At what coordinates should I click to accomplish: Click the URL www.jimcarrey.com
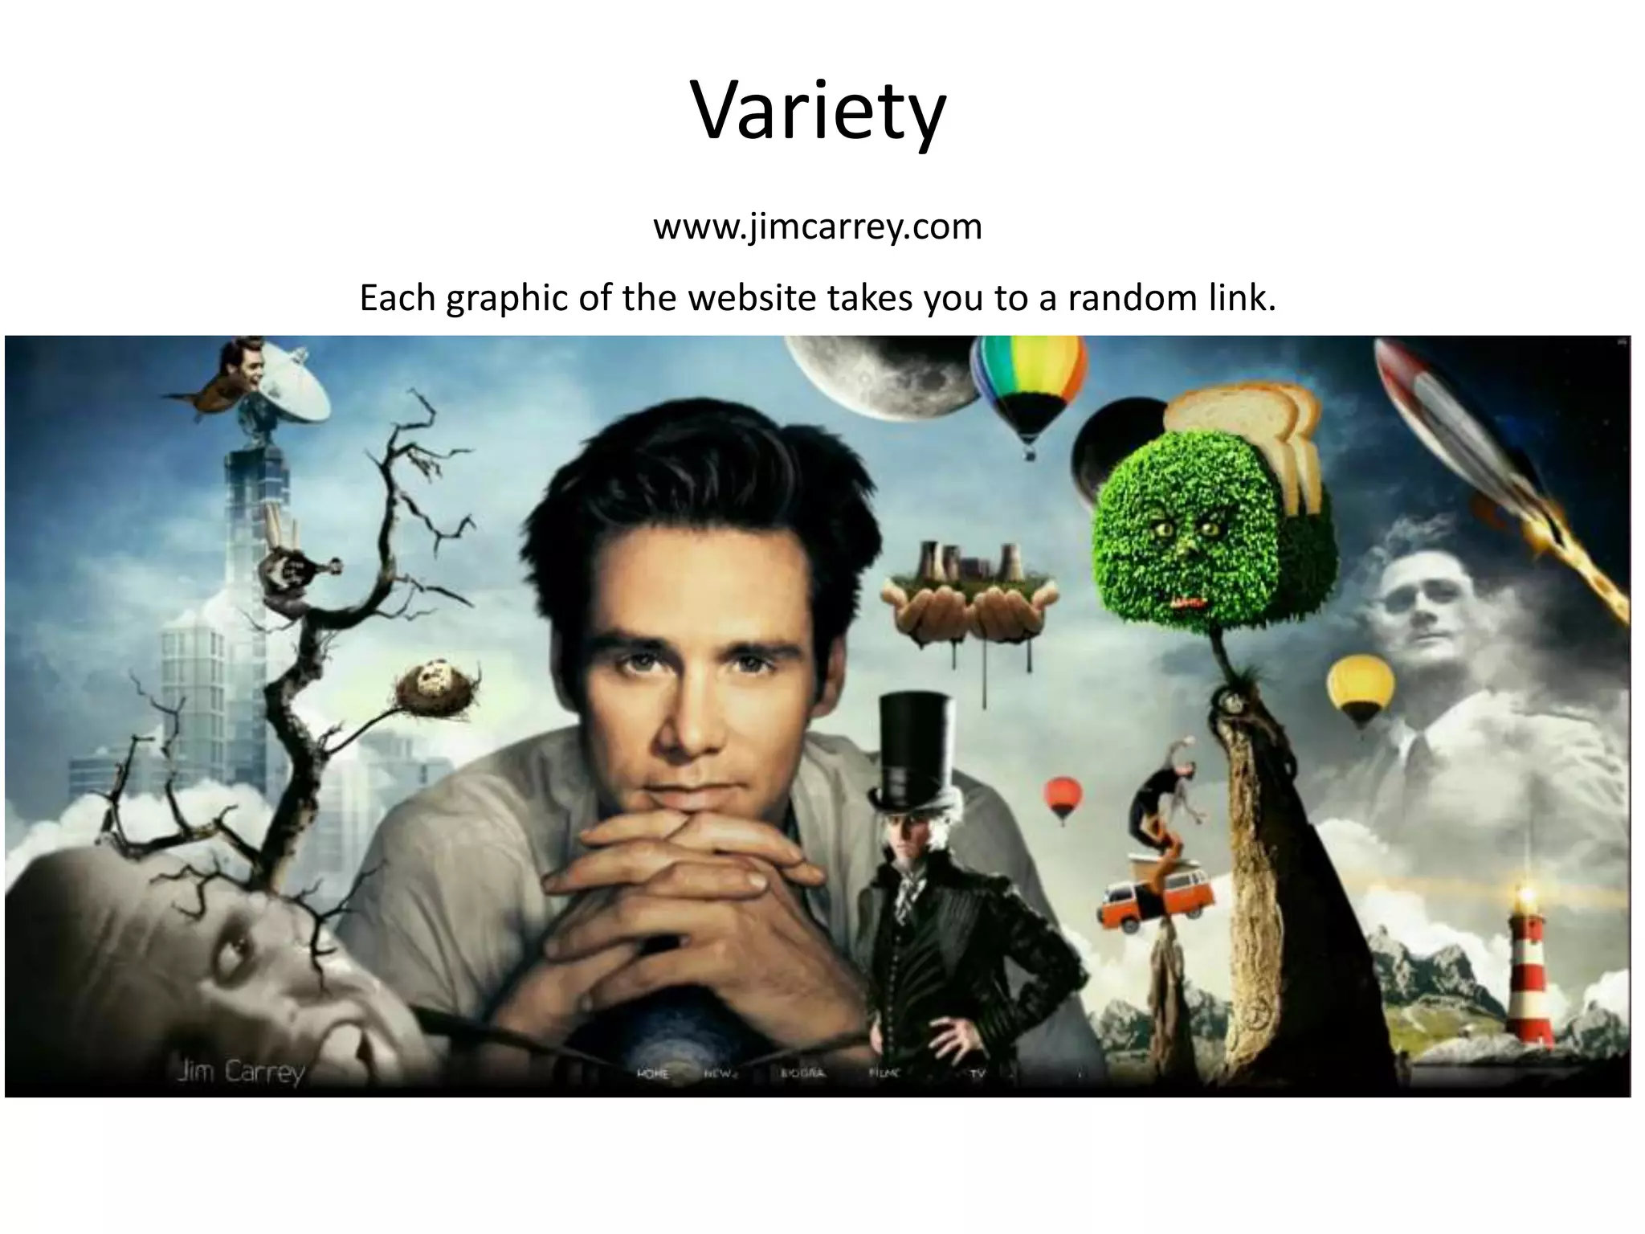[x=818, y=227]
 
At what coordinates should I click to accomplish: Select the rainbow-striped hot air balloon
[x=1028, y=386]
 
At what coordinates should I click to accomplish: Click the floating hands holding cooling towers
[x=969, y=603]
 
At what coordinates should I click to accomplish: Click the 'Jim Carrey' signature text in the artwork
[x=241, y=1073]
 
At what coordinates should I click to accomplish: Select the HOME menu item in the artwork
[x=652, y=1074]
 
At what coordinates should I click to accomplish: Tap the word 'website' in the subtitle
[x=754, y=298]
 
